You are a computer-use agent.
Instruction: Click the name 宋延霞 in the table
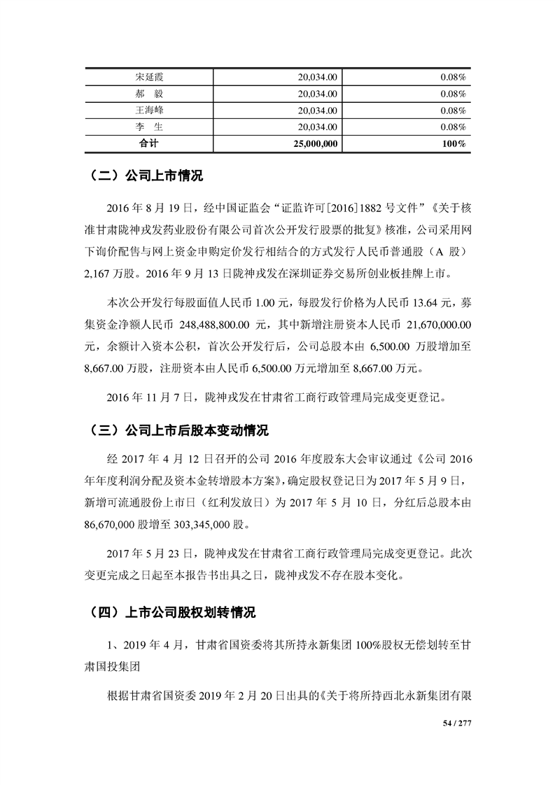point(148,76)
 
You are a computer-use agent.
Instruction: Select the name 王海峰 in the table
point(148,110)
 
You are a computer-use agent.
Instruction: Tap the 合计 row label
point(148,143)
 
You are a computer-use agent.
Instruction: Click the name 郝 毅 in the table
point(148,93)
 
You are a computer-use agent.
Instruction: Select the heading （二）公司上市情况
point(146,176)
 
